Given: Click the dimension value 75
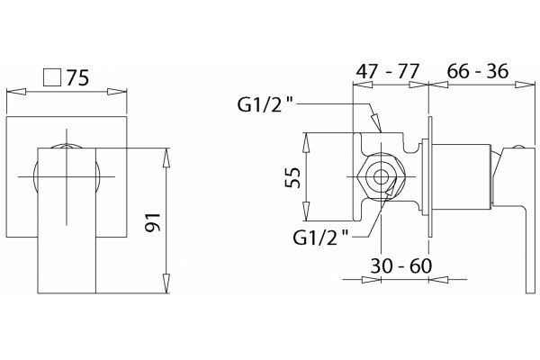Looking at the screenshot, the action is tap(77, 78).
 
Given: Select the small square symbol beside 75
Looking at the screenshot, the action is tap(52, 77).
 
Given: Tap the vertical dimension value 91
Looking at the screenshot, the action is tap(152, 222).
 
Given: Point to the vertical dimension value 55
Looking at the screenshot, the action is tap(292, 177).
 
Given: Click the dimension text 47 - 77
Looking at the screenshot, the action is tap(387, 71).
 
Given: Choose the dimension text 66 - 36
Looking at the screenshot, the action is tap(477, 71).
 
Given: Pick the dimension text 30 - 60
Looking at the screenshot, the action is tap(400, 265).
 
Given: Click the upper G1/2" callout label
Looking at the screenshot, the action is tap(265, 104).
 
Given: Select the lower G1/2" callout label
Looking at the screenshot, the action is tap(320, 238).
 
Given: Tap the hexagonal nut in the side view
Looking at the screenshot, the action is tap(381, 177).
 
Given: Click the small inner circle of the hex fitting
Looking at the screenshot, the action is tap(381, 177).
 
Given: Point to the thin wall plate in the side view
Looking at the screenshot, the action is tap(430, 176).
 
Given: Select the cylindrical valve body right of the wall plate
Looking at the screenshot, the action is tap(461, 176).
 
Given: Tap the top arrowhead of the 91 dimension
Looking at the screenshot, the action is tap(166, 158).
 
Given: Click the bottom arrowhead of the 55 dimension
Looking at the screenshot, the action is tap(306, 211).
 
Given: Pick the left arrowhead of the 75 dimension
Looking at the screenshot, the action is tap(16, 92).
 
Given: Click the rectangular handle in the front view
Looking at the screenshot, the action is tap(67, 220).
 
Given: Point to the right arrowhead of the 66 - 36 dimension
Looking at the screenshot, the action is tap(526, 85).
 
